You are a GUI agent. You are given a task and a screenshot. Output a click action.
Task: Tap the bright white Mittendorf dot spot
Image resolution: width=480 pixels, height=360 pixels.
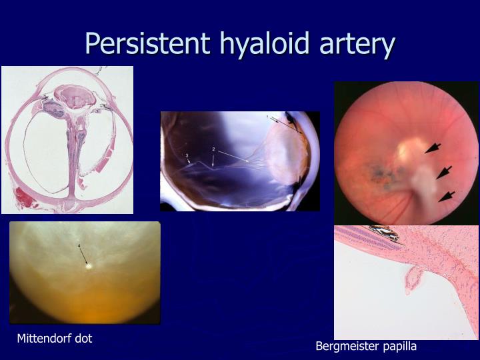pos(89,265)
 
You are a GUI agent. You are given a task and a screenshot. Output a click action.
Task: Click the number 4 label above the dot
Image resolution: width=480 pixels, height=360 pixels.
pos(79,246)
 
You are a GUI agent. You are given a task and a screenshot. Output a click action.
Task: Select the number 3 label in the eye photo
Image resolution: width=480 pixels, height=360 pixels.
pos(187,156)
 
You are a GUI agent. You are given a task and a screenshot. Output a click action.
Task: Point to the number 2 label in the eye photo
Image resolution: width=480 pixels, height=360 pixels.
pos(213,149)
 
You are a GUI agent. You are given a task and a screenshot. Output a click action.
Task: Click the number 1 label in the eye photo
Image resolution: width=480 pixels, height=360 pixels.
pos(269,118)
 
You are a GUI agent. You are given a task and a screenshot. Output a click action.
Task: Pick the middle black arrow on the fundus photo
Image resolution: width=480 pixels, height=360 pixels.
pos(444,173)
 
